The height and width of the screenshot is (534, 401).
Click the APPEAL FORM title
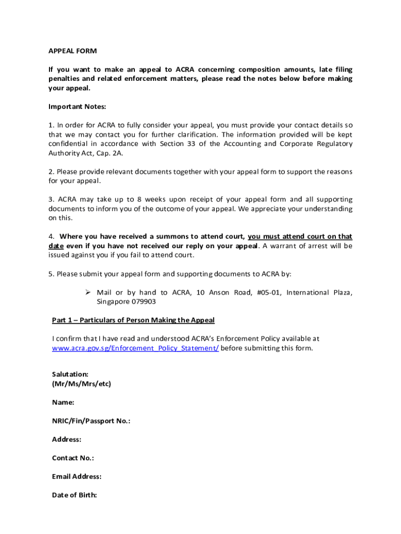pyautogui.click(x=73, y=51)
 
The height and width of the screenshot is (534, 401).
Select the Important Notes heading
pyautogui.click(x=77, y=106)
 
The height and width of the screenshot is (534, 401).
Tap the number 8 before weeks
pyautogui.click(x=139, y=199)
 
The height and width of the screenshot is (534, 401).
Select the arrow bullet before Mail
pyautogui.click(x=88, y=293)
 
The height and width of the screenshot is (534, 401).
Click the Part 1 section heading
pyautogui.click(x=133, y=320)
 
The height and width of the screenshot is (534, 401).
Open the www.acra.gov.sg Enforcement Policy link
pyautogui.click(x=135, y=348)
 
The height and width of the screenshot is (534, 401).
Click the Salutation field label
pyautogui.click(x=70, y=374)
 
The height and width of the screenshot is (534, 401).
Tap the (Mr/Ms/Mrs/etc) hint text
pyautogui.click(x=81, y=384)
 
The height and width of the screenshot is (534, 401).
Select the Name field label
pyautogui.click(x=63, y=403)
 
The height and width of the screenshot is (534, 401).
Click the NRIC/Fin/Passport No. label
pyautogui.click(x=91, y=421)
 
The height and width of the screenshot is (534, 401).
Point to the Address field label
pyautogui.click(x=67, y=440)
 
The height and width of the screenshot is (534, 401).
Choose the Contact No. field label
pyautogui.click(x=73, y=458)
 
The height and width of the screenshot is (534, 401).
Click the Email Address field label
pyautogui.click(x=77, y=477)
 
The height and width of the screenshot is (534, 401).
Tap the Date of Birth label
pyautogui.click(x=74, y=495)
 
